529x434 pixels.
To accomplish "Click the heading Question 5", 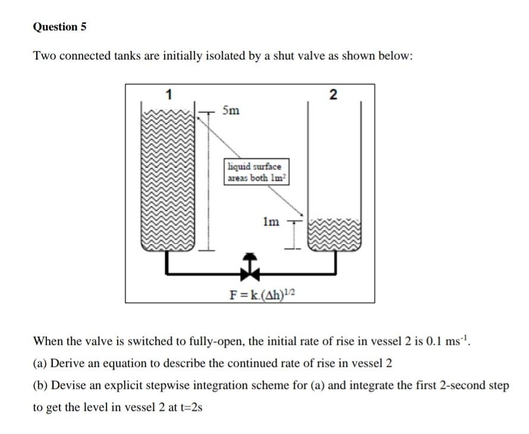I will coord(55,27).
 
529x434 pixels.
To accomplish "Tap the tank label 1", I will coord(169,93).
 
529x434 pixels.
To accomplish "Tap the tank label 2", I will coord(333,94).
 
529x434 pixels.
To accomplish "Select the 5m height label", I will coord(231,110).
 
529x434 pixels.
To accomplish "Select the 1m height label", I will coord(270,222).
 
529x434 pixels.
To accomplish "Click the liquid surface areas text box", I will coord(256,172).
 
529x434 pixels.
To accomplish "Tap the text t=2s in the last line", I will coord(190,408).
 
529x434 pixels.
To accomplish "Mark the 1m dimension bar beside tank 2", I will coord(291,237).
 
